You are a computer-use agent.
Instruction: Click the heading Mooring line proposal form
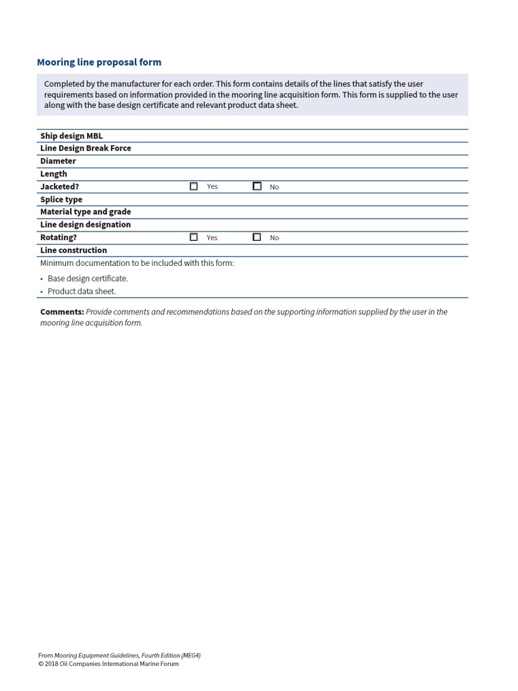(99, 62)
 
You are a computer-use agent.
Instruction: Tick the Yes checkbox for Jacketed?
(194, 186)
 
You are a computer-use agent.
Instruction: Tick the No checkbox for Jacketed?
(257, 186)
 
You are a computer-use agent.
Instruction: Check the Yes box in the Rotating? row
(194, 238)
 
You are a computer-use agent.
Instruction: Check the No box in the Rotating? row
(257, 238)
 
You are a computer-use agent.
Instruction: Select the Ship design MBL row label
(71, 136)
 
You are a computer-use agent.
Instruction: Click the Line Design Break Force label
(86, 148)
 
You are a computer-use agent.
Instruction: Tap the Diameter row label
(58, 161)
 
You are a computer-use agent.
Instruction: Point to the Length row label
(53, 173)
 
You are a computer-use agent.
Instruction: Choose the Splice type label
(61, 199)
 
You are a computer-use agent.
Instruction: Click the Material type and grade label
(86, 211)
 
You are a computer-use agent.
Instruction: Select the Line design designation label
(86, 224)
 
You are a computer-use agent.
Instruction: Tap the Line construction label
(74, 250)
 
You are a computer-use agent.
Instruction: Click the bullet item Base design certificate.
(88, 278)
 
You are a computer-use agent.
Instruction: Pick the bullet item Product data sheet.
(82, 292)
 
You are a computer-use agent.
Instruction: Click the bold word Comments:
(62, 312)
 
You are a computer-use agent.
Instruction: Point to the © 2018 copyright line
(109, 663)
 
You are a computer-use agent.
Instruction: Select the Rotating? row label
(59, 238)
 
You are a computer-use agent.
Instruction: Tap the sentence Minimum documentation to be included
(137, 263)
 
